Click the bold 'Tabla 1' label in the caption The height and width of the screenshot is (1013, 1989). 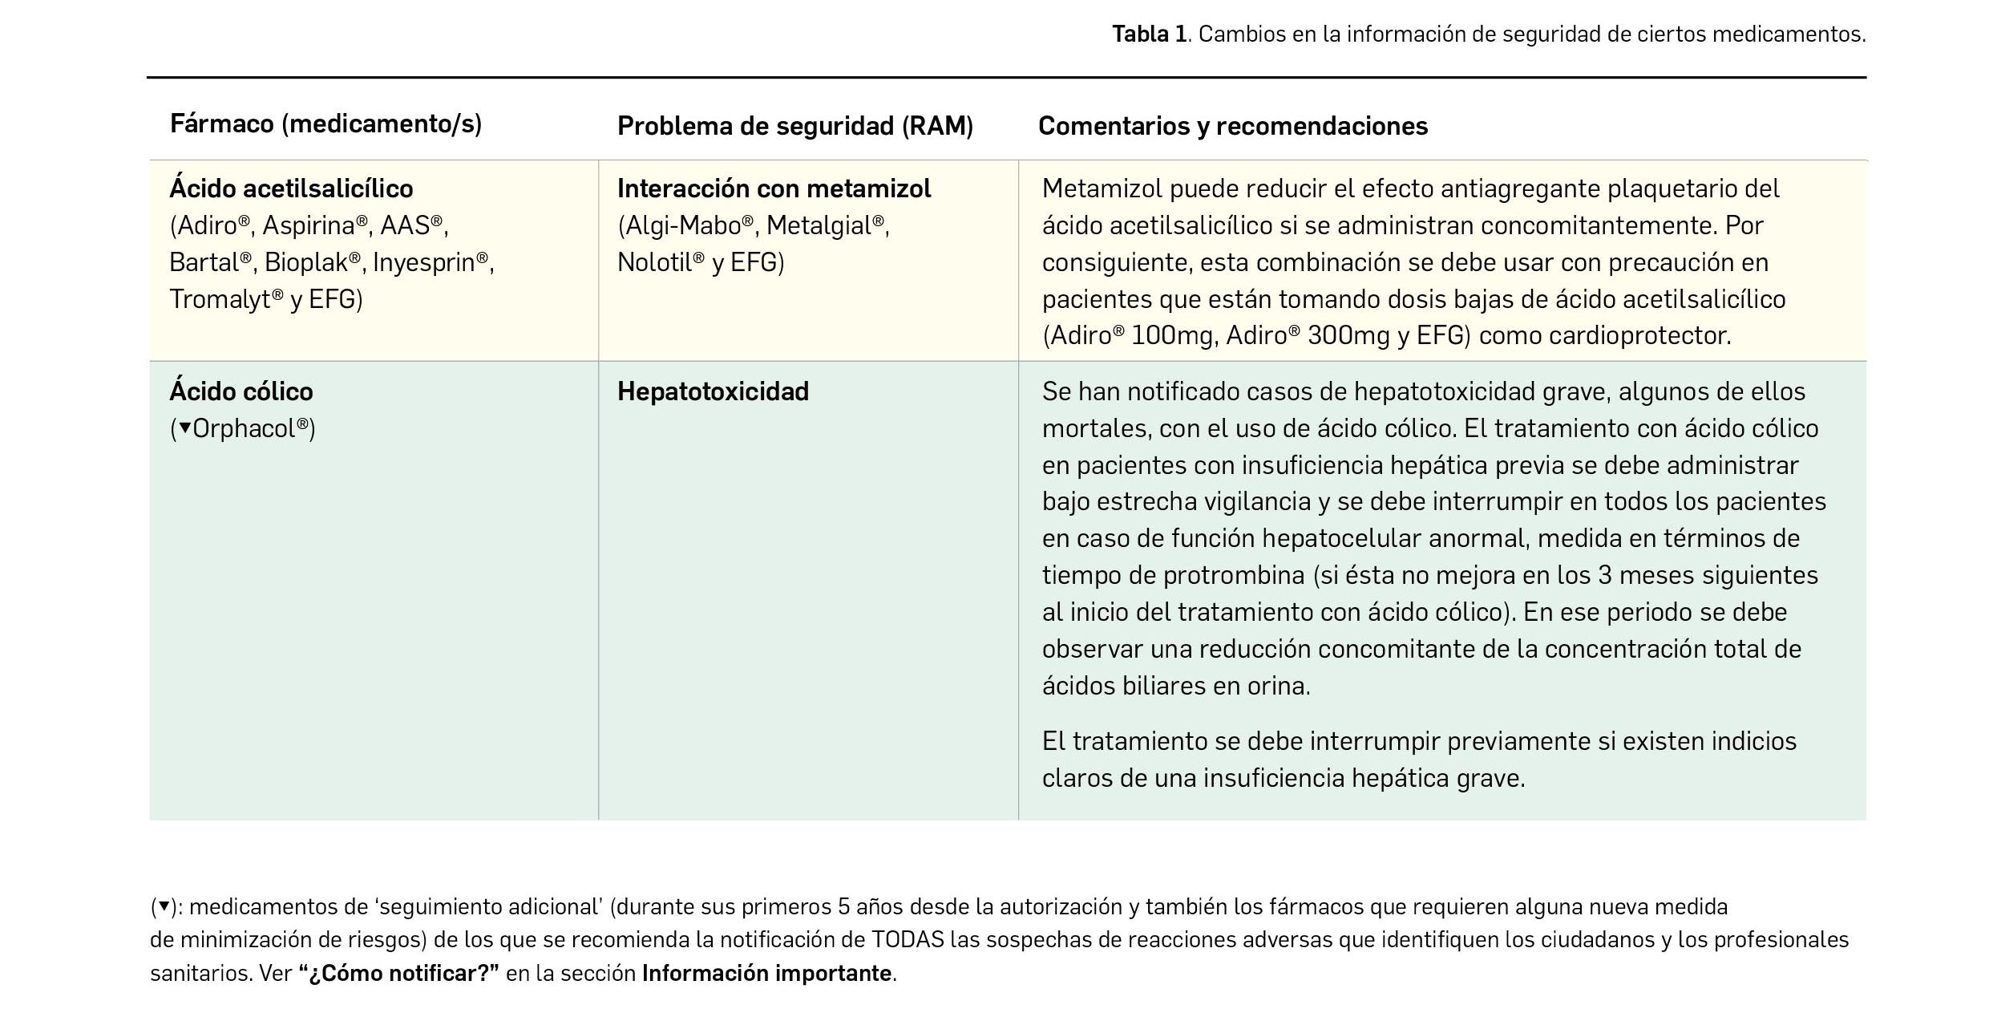tap(1148, 34)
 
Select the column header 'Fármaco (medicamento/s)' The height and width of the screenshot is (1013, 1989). tap(325, 124)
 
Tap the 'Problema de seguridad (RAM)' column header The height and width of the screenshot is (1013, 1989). tap(794, 127)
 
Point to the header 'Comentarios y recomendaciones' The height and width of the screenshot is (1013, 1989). tap(1232, 127)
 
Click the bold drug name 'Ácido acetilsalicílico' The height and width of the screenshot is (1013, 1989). tap(291, 189)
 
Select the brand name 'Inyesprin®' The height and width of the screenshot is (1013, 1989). tap(431, 263)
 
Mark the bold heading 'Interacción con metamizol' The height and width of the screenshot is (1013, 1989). tap(774, 189)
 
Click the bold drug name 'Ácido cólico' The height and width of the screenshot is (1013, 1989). tap(241, 392)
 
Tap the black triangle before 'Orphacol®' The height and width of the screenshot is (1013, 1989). tap(184, 428)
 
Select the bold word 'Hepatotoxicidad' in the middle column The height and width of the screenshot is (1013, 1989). tap(713, 392)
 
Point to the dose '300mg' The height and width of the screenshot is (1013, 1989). tap(1348, 336)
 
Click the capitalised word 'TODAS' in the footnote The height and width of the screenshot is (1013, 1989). tap(908, 940)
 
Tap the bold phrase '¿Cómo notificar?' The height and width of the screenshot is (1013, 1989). tap(398, 974)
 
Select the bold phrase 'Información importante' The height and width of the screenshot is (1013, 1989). tap(766, 974)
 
